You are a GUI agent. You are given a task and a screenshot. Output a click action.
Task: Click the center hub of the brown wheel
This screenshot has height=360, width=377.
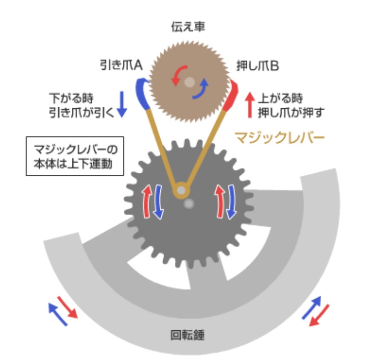click(x=189, y=82)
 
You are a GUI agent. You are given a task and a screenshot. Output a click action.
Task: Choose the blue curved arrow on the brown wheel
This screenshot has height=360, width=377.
click(x=201, y=90)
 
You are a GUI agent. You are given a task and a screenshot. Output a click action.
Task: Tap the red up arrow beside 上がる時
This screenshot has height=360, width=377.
click(x=249, y=104)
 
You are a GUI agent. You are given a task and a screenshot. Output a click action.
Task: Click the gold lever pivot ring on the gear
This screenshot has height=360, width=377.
click(x=181, y=191)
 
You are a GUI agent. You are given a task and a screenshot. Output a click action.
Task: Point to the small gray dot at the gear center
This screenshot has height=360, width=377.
click(x=189, y=204)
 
